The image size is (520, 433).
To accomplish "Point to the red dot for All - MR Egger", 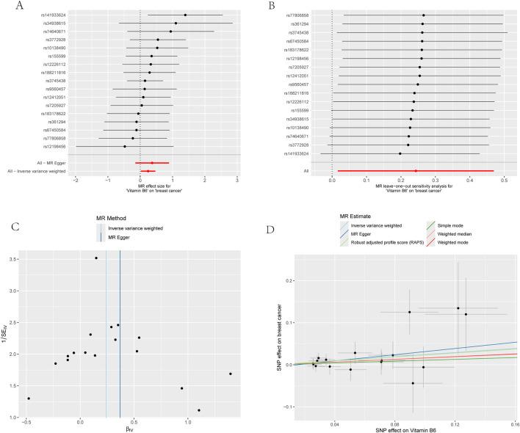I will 152,163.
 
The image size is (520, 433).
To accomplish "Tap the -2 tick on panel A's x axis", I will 76,181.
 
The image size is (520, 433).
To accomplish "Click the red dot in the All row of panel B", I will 416,171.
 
